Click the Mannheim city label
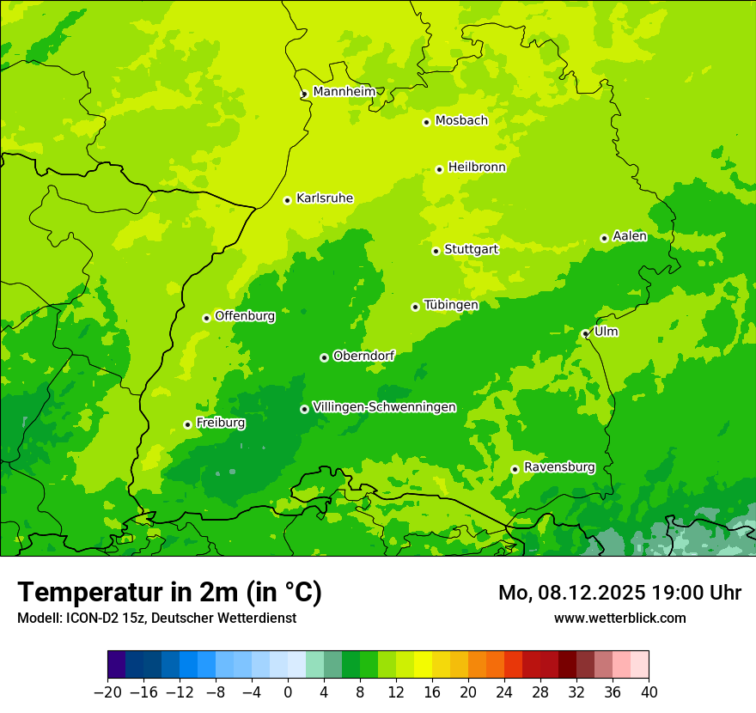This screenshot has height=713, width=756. pyautogui.click(x=344, y=92)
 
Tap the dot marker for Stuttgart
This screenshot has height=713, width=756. pyautogui.click(x=436, y=251)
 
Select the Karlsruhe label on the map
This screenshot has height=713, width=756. pyautogui.click(x=325, y=198)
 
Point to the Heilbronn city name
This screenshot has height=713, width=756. pyautogui.click(x=477, y=168)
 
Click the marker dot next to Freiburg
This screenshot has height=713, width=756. pyautogui.click(x=187, y=424)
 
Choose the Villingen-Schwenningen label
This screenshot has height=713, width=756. pyautogui.click(x=385, y=407)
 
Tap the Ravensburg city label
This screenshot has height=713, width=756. pyautogui.click(x=559, y=467)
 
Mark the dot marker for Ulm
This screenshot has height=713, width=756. pyautogui.click(x=585, y=334)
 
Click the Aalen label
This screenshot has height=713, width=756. pyautogui.click(x=630, y=236)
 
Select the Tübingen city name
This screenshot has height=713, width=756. pyautogui.click(x=451, y=305)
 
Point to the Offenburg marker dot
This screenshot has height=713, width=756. pyautogui.click(x=206, y=318)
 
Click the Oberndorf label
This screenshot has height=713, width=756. pyautogui.click(x=363, y=356)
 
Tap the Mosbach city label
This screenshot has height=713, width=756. pyautogui.click(x=461, y=121)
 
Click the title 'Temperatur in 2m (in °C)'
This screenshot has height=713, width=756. pyautogui.click(x=169, y=593)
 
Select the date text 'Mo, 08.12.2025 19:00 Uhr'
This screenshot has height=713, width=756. pyautogui.click(x=619, y=593)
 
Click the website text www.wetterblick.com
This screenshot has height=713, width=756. pyautogui.click(x=619, y=618)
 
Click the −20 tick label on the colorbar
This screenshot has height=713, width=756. pyautogui.click(x=107, y=692)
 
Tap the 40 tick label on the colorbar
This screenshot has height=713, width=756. pyautogui.click(x=649, y=692)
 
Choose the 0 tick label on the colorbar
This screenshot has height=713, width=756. pyautogui.click(x=288, y=692)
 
